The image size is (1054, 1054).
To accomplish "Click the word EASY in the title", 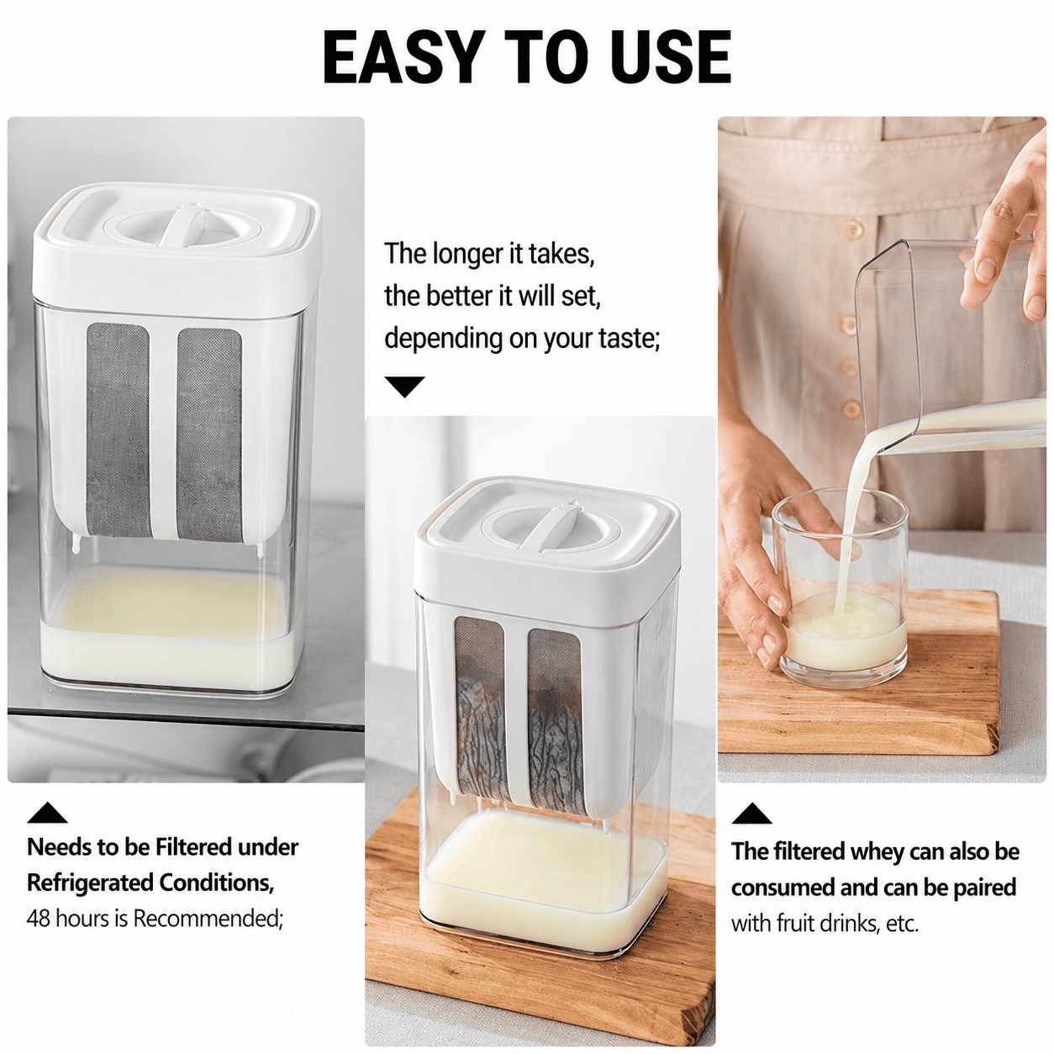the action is pyautogui.click(x=403, y=57).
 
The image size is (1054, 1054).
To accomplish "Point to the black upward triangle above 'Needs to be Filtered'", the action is pyautogui.click(x=47, y=812).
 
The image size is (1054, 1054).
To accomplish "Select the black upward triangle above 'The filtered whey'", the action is pyautogui.click(x=751, y=813).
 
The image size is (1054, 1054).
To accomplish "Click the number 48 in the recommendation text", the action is pyautogui.click(x=39, y=919).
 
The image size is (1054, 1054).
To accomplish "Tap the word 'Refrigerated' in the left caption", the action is pyautogui.click(x=90, y=883).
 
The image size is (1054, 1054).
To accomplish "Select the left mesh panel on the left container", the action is pyautogui.click(x=119, y=430).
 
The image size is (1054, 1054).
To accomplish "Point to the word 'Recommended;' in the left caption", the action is pyautogui.click(x=208, y=919).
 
